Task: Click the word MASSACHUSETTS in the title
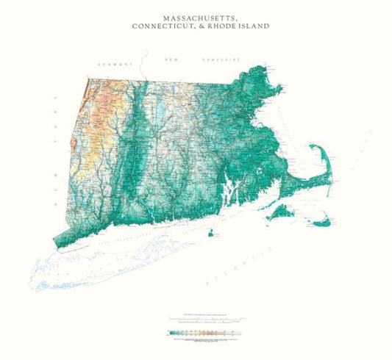[x=196, y=15]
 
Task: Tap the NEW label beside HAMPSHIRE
[x=172, y=59]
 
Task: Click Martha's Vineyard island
[x=280, y=213]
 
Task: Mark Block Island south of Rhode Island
[x=213, y=234]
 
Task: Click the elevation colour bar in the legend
[x=204, y=333]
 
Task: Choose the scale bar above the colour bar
[x=204, y=320]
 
